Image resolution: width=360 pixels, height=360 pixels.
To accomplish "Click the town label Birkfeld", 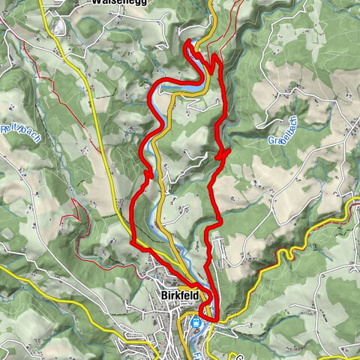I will click(181, 295).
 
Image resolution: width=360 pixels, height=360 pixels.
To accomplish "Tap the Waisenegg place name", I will click(120, 2).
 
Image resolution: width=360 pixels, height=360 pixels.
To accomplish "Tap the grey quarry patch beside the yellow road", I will click(57, 27).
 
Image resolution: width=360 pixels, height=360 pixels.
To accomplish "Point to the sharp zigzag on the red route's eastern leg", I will click(222, 154).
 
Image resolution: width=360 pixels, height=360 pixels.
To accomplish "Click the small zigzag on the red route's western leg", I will click(148, 175).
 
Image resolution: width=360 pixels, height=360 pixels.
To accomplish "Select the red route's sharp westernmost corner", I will click(132, 242).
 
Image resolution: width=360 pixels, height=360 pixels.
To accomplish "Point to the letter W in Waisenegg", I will click(96, 2).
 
